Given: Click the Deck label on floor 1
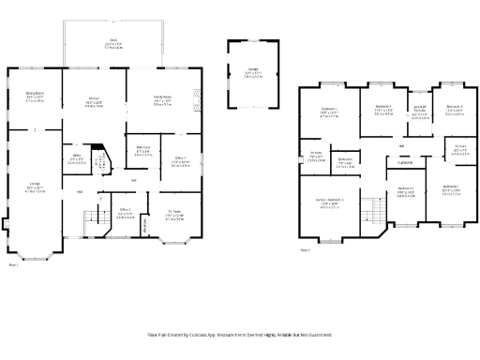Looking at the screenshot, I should (112, 41).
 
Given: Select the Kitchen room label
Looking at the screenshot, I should (94, 101).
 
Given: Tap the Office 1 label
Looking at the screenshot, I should (178, 160).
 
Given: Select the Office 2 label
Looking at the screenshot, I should (125, 212).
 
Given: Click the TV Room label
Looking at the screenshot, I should (174, 215).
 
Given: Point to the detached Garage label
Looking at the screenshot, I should (253, 72).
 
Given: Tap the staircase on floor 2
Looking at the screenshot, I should (373, 212).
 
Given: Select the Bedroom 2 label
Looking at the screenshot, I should (329, 113).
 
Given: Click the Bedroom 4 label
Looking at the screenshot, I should (382, 109).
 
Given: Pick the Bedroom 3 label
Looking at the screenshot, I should (454, 111).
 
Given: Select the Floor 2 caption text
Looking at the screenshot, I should (306, 250).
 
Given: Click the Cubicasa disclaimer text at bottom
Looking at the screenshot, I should (240, 333).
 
